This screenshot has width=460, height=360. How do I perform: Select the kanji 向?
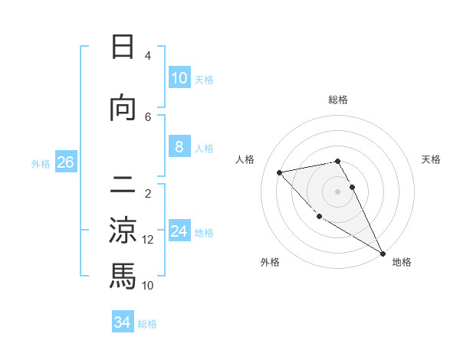123,109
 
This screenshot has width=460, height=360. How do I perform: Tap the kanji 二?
123,186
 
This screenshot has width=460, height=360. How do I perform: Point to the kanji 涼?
123,231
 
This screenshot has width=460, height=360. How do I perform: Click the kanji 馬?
123,276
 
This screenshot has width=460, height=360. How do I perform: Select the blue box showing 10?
179,78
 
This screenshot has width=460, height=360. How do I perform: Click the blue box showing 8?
179,147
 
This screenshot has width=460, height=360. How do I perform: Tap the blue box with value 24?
179,231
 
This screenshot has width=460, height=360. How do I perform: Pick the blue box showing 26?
66,162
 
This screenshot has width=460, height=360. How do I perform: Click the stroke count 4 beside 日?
148,56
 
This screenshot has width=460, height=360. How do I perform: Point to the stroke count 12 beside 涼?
148,240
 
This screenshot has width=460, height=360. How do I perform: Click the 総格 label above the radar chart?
338,100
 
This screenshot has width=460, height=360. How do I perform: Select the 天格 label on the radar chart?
431,159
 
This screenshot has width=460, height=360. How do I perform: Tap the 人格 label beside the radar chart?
245,159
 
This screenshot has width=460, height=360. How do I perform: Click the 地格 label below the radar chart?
402,262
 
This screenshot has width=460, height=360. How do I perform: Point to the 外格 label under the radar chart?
270,262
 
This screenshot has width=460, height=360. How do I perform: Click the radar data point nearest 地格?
383,254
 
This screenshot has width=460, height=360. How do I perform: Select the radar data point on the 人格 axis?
280,172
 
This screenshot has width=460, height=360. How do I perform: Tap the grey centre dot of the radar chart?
337,191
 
